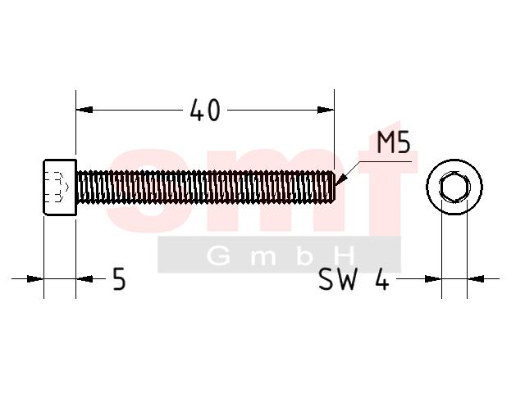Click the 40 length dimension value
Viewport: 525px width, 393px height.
pyautogui.click(x=205, y=110)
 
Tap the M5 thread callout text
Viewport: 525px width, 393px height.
pyautogui.click(x=394, y=142)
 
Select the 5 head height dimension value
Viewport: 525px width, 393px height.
pyautogui.click(x=119, y=279)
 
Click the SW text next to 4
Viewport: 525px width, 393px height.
pyautogui.click(x=338, y=279)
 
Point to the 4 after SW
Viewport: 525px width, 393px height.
pyautogui.click(x=382, y=279)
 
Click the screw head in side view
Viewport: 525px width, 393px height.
pyautogui.click(x=60, y=187)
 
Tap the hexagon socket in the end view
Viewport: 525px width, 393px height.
pyautogui.click(x=454, y=187)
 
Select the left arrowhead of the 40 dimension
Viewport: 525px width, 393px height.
pyautogui.click(x=84, y=110)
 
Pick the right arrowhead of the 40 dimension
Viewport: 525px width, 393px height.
pyautogui.click(x=326, y=110)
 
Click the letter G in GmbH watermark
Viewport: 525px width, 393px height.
pyautogui.click(x=219, y=256)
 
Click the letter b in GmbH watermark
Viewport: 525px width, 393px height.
pyautogui.click(x=304, y=256)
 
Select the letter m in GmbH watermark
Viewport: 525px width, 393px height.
pyautogui.click(x=263, y=258)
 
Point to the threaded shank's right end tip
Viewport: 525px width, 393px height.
pyautogui.click(x=335, y=187)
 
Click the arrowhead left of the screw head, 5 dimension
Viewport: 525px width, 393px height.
pyautogui.click(x=35, y=278)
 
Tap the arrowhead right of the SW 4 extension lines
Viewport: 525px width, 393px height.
pyautogui.click(x=476, y=278)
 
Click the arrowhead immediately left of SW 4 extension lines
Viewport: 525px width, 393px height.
pyautogui.click(x=433, y=278)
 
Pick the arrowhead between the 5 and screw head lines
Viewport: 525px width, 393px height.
pyautogui.click(x=84, y=278)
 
